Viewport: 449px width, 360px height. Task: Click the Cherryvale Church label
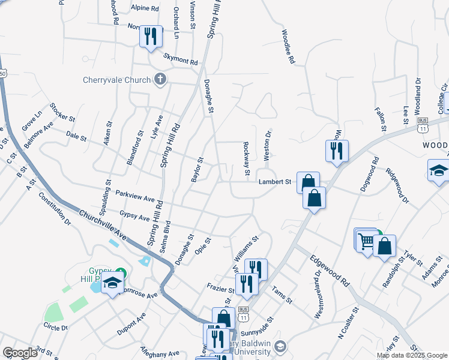click(x=117, y=80)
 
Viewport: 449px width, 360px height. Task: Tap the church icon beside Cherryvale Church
click(x=160, y=78)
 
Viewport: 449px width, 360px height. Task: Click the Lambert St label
click(x=274, y=182)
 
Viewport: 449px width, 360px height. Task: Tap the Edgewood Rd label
click(x=330, y=272)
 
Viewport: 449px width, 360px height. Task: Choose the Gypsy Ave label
click(x=134, y=214)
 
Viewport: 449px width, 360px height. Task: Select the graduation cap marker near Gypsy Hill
click(x=111, y=284)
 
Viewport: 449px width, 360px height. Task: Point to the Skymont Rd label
click(x=181, y=61)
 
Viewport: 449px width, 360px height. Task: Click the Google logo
click(x=20, y=353)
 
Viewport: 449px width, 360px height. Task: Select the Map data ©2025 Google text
click(x=412, y=355)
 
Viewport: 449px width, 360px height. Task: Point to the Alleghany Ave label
click(x=160, y=353)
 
